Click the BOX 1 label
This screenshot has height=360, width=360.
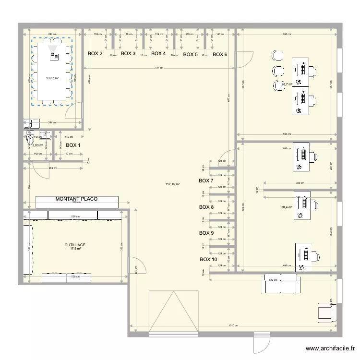click(73, 145)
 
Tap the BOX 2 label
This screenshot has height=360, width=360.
click(95, 54)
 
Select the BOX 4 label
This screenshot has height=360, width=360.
click(158, 54)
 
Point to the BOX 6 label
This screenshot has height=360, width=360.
click(220, 54)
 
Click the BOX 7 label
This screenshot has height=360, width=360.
click(206, 180)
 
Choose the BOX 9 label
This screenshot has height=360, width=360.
click(206, 233)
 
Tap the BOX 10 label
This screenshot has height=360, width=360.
click(208, 259)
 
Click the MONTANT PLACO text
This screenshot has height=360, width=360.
click(76, 199)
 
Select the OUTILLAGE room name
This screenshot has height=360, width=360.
click(75, 244)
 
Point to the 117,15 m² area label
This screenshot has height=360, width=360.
click(172, 184)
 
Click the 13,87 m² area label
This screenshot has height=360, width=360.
click(52, 78)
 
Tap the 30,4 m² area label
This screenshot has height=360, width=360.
click(288, 207)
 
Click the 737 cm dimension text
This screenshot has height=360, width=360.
click(158, 68)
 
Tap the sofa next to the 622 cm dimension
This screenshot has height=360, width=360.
click(281, 284)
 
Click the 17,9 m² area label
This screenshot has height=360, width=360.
click(75, 249)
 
